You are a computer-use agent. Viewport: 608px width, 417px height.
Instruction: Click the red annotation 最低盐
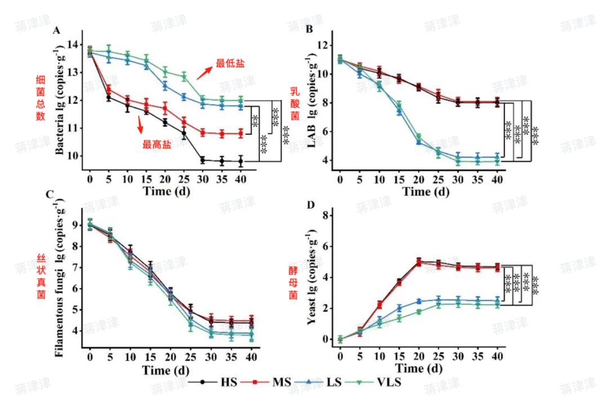tap(230, 63)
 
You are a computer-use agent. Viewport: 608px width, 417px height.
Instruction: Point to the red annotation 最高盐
tap(154, 145)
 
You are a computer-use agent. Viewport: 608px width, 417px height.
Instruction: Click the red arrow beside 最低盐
tap(205, 73)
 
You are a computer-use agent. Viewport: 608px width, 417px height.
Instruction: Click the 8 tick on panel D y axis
tap(324, 215)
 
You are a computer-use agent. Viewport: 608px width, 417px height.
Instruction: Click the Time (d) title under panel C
tap(164, 371)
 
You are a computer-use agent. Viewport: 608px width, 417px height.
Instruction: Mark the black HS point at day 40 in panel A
tap(240, 161)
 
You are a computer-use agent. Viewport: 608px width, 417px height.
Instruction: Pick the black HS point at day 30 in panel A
tap(203, 160)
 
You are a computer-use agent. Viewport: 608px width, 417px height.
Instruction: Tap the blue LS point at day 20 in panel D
tap(418, 301)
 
